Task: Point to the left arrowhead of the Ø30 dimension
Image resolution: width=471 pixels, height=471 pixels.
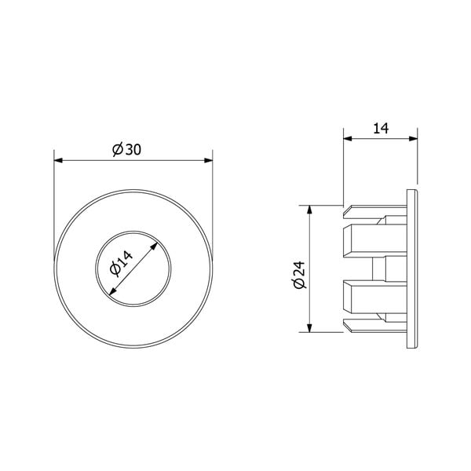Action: [x=58, y=161]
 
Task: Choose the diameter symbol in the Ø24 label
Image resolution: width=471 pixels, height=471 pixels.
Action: [x=298, y=284]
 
